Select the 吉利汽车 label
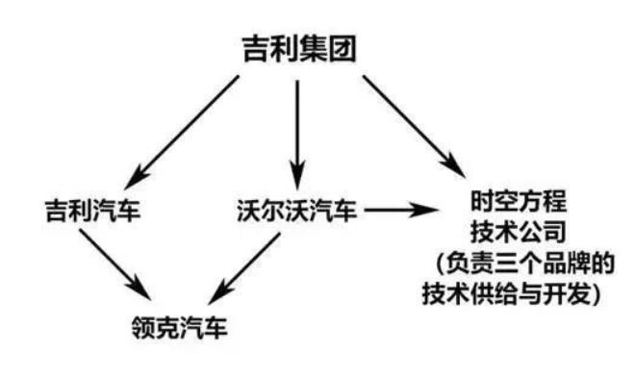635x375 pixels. click(92, 209)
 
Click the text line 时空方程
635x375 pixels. click(510, 203)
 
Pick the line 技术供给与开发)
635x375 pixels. click(510, 293)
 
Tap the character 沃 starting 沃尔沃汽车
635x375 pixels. click(245, 209)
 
